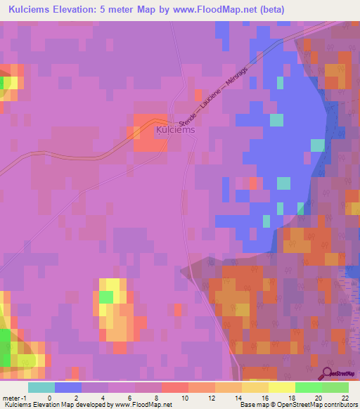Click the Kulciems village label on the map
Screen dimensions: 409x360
174,130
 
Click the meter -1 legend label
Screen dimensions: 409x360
15,398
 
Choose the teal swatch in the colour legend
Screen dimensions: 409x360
41,387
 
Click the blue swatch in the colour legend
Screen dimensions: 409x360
67,387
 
